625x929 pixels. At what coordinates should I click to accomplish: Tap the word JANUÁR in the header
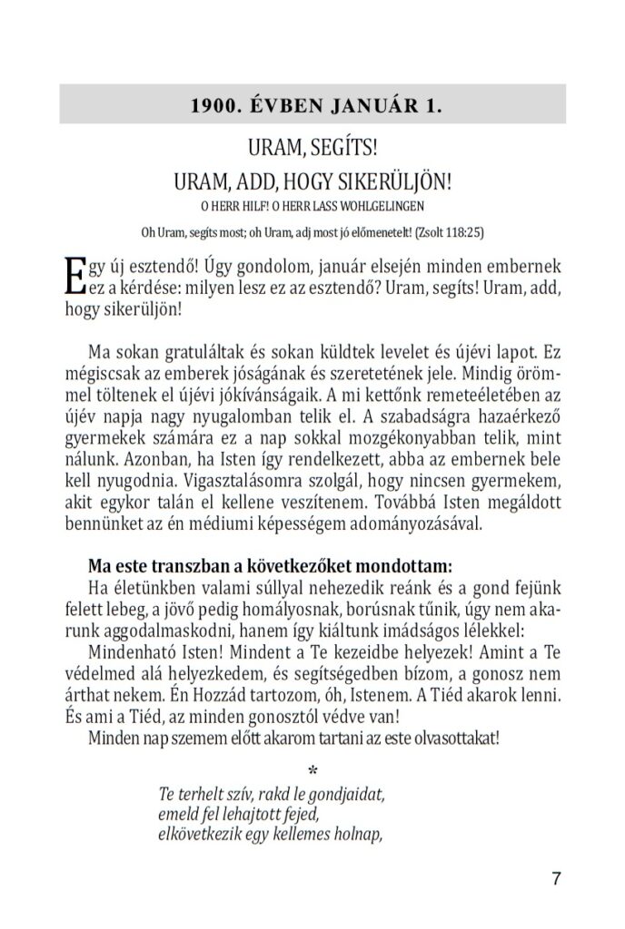point(369,104)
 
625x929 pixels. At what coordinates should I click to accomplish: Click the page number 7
point(556,878)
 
